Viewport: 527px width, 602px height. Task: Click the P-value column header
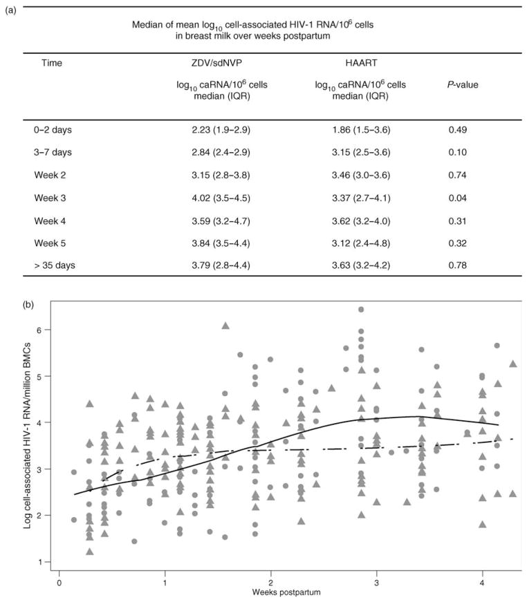(x=463, y=85)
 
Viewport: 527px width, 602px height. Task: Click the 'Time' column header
(x=51, y=63)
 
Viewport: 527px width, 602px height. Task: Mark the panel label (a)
(x=10, y=10)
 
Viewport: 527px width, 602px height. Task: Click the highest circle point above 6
(x=361, y=310)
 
